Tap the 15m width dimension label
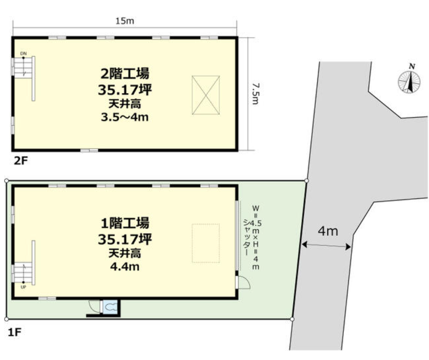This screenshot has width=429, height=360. tap(125, 21)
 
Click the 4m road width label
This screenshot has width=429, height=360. tap(328, 232)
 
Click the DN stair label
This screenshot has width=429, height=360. tap(23, 54)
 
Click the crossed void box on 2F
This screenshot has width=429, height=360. tap(206, 95)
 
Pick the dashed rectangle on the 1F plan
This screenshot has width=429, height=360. tap(206, 243)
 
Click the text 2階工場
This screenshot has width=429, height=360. tap(125, 74)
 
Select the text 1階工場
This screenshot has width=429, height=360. tap(125, 223)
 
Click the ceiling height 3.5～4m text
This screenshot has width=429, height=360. tap(125, 117)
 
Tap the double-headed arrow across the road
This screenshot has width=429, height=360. tap(326, 246)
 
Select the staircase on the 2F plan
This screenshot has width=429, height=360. tap(24, 77)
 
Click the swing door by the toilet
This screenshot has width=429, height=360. tap(95, 306)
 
